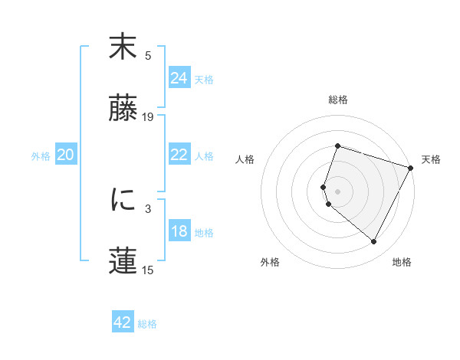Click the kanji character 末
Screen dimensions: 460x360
[x=123, y=47]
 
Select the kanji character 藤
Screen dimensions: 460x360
[x=123, y=110]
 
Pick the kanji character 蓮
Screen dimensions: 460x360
[x=123, y=260]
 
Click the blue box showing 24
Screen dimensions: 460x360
[x=179, y=78]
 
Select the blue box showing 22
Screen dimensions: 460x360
[x=179, y=155]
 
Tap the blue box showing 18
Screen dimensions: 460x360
[x=179, y=232]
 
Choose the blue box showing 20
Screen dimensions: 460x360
[x=65, y=155]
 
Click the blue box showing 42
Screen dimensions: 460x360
[x=122, y=322]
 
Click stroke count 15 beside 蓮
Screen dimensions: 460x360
[x=148, y=270]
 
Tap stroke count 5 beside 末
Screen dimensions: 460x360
[x=148, y=55]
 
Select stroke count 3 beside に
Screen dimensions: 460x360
[x=148, y=208]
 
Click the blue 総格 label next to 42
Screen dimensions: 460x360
[x=147, y=324]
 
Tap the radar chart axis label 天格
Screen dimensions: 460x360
[x=431, y=160]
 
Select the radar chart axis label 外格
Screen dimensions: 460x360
[x=270, y=262]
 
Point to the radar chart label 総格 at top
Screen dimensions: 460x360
[x=337, y=100]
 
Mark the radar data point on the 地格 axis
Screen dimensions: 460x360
[x=374, y=242]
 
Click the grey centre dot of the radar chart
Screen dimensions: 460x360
[x=337, y=191]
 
